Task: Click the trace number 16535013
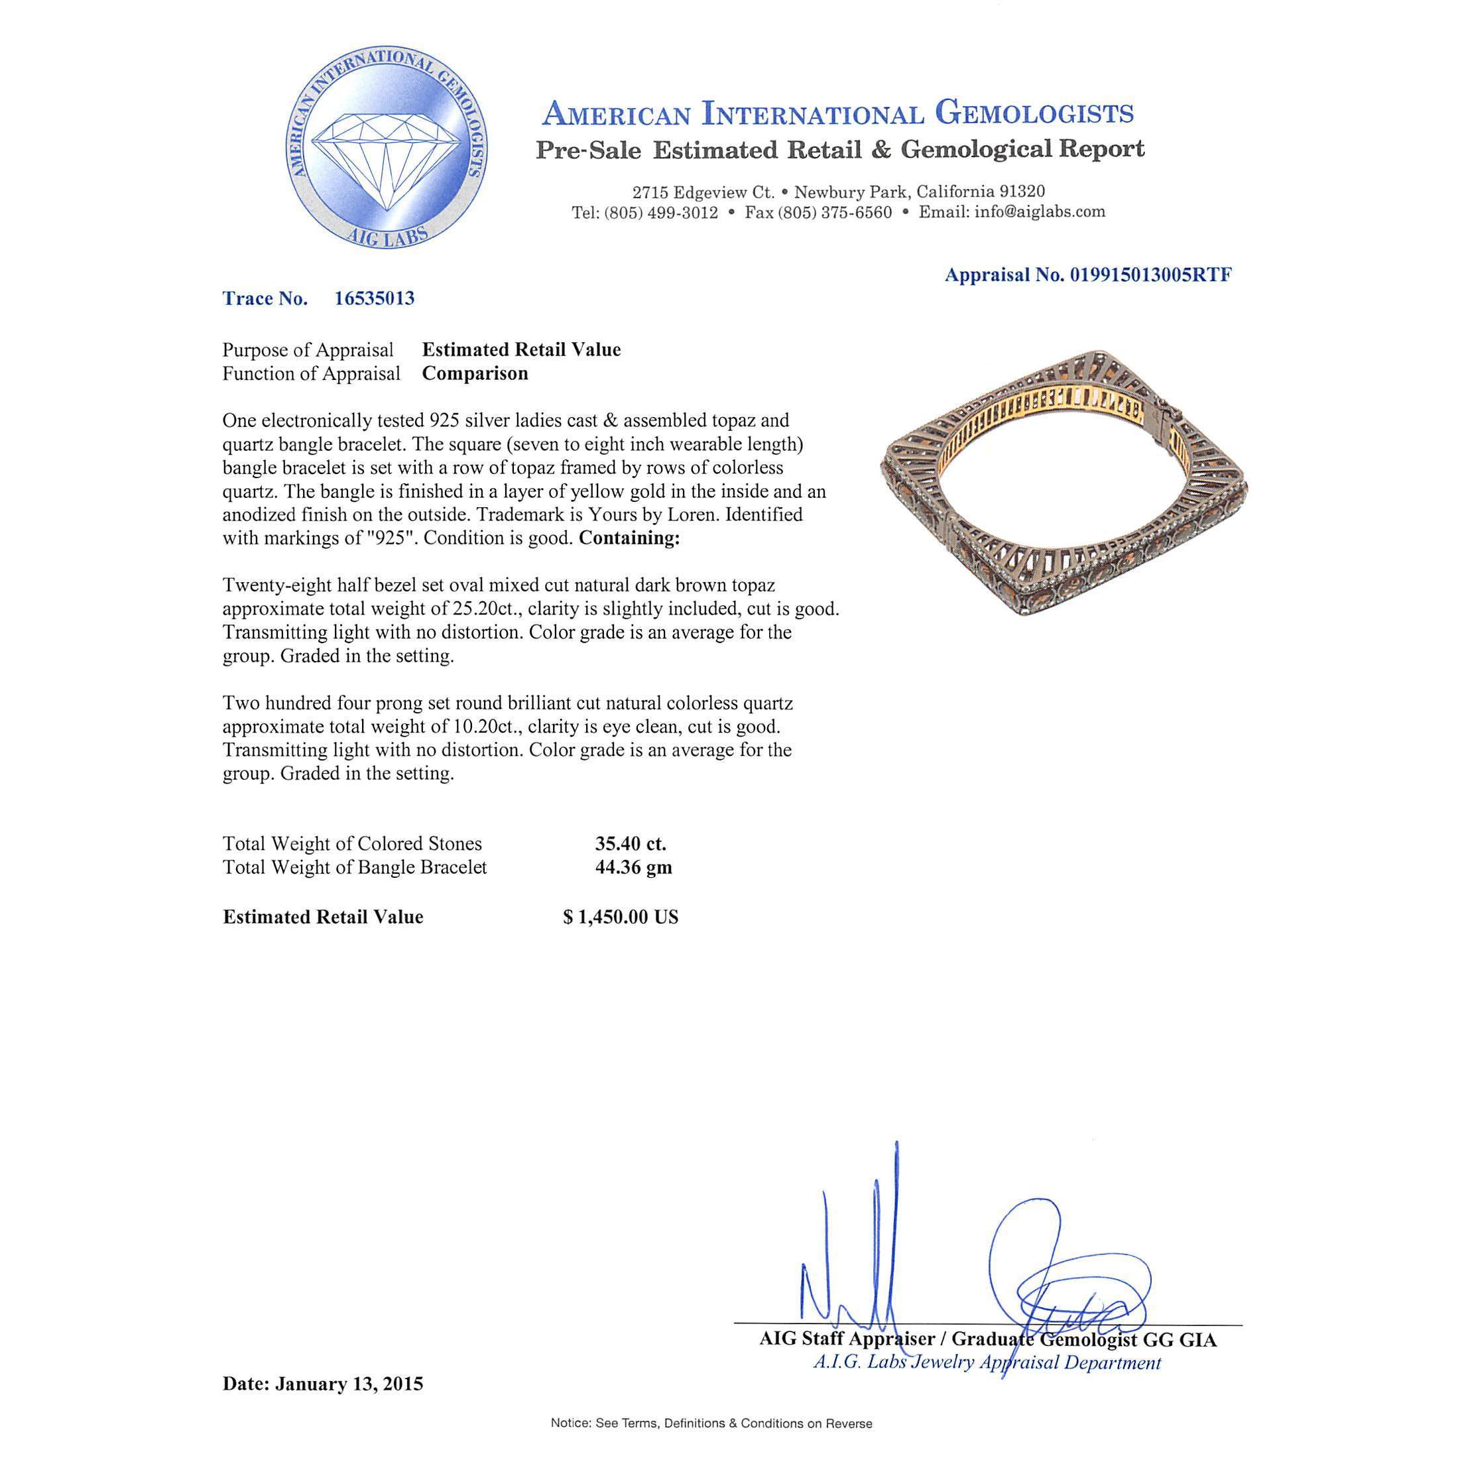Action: tap(374, 298)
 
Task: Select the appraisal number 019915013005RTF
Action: tap(1150, 275)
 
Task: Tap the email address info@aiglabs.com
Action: tap(1039, 212)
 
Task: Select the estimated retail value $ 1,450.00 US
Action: tap(621, 918)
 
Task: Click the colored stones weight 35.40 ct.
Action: tap(631, 844)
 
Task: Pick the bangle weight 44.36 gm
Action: tap(633, 867)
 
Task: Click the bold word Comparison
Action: tap(475, 374)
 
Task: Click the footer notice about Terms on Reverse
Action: tap(711, 1424)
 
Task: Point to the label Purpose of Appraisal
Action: tap(308, 351)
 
